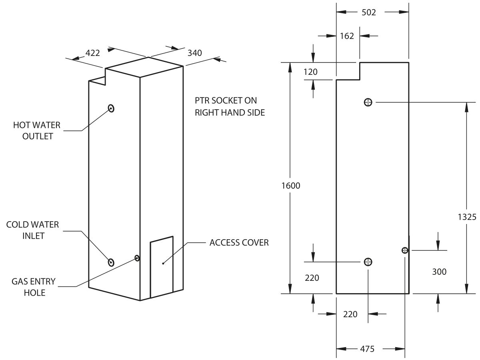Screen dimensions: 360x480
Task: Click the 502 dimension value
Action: [369, 12]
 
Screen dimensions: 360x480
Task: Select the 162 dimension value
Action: [347, 36]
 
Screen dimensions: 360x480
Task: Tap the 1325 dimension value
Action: [467, 217]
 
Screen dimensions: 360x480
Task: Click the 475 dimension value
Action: [367, 349]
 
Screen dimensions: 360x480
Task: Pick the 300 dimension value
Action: [439, 272]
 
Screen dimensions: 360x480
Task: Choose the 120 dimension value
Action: [310, 72]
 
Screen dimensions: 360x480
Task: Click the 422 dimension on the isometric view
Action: [93, 53]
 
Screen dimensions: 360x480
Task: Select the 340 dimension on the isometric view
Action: [194, 53]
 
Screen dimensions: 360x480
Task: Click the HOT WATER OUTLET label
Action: [37, 130]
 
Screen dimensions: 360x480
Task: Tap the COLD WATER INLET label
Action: [32, 230]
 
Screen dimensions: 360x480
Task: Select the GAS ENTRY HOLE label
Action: [34, 287]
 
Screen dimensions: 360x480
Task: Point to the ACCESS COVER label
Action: [239, 242]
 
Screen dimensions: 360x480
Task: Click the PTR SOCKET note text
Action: [230, 106]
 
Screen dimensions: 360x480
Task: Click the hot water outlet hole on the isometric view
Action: [111, 108]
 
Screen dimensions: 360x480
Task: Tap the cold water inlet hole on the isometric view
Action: [111, 262]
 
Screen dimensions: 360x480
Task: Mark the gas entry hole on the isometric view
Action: [137, 258]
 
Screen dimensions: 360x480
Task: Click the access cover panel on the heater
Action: [162, 268]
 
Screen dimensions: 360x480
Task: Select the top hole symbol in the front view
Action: [368, 102]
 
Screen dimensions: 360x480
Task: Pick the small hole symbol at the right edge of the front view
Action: [405, 250]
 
